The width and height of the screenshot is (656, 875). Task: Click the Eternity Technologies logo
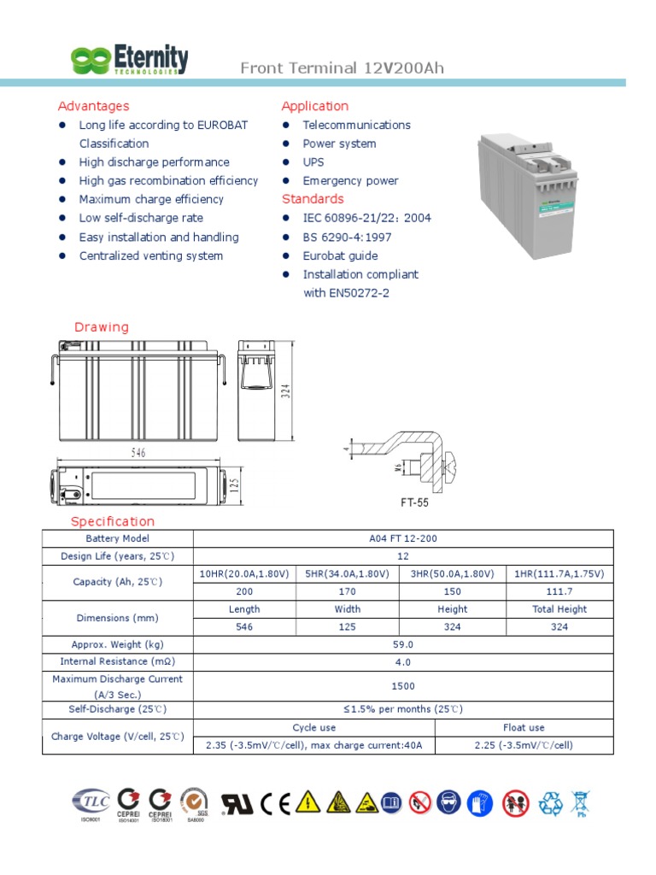(x=129, y=60)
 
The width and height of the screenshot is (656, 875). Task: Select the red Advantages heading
(x=93, y=106)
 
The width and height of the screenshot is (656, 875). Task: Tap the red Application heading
(x=315, y=106)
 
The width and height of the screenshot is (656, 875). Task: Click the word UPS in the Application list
(x=313, y=161)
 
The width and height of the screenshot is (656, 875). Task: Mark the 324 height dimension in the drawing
(x=287, y=390)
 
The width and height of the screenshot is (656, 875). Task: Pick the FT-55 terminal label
(x=415, y=502)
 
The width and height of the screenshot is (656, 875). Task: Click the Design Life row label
(x=117, y=555)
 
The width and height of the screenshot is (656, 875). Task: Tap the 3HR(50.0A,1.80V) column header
(x=452, y=573)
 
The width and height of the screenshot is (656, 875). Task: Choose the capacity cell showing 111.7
(x=559, y=591)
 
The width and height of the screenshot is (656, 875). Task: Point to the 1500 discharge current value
(x=403, y=686)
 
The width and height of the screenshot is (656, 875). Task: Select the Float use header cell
(x=524, y=727)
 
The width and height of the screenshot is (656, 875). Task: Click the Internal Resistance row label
(x=117, y=661)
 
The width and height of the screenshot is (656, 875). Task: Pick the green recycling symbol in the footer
(x=550, y=802)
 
